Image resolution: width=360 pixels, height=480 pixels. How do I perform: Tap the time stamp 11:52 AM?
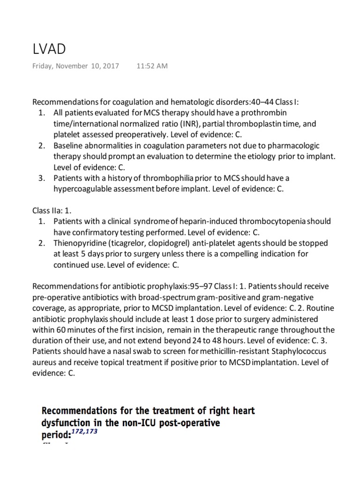(151, 66)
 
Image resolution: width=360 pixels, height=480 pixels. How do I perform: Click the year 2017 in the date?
(111, 66)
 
